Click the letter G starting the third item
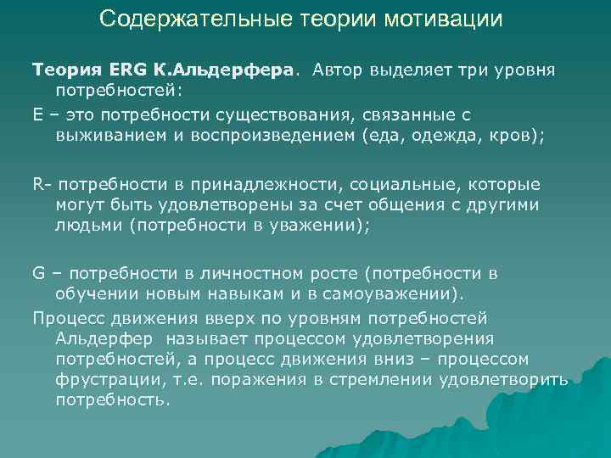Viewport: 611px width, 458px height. [x=39, y=274]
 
